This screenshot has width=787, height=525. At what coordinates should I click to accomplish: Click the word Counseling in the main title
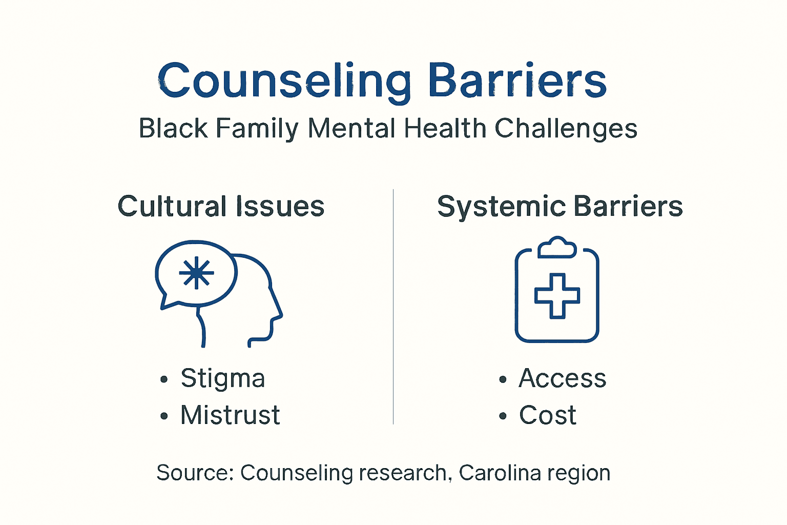[x=284, y=81]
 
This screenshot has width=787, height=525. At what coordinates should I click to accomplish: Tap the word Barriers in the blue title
[x=517, y=81]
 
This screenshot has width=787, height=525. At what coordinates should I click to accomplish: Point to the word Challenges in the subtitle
[x=566, y=128]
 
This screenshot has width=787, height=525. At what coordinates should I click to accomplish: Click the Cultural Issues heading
[x=221, y=207]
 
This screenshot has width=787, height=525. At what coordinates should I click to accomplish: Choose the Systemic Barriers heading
[x=560, y=207]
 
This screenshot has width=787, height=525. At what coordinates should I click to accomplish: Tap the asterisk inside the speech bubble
[x=196, y=273]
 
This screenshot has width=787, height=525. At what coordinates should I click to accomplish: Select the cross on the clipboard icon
[x=557, y=296]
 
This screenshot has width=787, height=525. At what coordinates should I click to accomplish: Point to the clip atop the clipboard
[x=557, y=247]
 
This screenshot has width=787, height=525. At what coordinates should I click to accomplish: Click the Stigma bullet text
[x=223, y=379]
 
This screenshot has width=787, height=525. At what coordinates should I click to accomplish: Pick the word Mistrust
[x=230, y=415]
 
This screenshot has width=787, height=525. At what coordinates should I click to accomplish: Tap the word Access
[x=562, y=379]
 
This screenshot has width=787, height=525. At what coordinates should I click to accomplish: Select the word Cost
[x=547, y=415]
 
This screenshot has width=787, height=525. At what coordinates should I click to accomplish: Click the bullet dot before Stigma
[x=164, y=380]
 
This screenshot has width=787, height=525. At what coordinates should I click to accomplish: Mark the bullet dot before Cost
[x=503, y=416]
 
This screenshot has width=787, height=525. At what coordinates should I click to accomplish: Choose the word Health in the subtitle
[x=445, y=128]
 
